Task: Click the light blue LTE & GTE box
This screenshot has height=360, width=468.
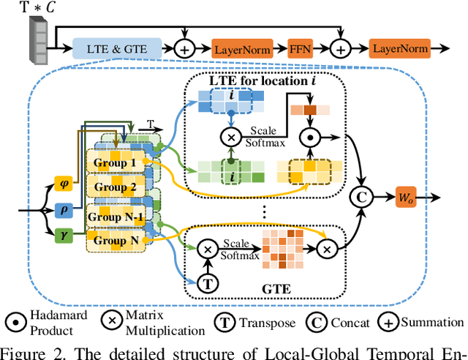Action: (117, 48)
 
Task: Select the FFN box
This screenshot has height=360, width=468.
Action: (301, 48)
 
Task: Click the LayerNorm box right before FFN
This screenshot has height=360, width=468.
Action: (242, 48)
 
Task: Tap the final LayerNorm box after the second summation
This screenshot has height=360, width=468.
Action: (400, 48)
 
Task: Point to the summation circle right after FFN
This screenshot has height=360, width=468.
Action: (341, 49)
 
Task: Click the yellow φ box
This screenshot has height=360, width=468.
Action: (64, 184)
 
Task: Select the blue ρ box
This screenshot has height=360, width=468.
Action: (64, 210)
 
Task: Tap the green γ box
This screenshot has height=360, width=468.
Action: (64, 236)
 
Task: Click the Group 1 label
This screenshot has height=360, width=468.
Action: (115, 163)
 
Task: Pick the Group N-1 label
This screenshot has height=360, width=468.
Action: (116, 217)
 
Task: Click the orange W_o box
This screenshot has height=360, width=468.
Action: (406, 197)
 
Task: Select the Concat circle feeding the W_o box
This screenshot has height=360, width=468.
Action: (362, 197)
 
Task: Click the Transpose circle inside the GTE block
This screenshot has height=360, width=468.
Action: (208, 283)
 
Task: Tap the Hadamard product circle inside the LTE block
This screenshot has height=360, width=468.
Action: (310, 138)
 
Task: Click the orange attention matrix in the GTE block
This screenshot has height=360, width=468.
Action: (283, 250)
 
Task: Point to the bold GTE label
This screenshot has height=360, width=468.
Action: (276, 289)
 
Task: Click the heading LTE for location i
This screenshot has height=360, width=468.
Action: (263, 80)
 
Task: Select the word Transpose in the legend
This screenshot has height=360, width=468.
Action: (268, 323)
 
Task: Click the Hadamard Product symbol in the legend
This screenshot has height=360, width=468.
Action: (16, 323)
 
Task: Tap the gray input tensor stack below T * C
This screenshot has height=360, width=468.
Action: (39, 40)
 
